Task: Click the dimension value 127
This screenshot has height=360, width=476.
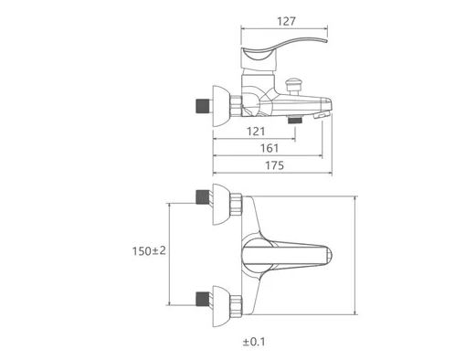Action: click(286, 21)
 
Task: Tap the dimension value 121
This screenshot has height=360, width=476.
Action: click(256, 132)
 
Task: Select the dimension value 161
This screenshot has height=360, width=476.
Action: click(270, 148)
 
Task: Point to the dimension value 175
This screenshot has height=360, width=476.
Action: click(274, 165)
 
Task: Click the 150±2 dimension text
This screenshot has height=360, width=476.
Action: click(149, 251)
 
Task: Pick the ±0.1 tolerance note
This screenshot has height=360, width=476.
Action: click(254, 342)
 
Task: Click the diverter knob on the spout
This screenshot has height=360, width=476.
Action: click(293, 86)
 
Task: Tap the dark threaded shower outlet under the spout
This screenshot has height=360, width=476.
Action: click(295, 120)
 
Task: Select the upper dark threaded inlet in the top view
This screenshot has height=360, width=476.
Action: click(203, 196)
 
